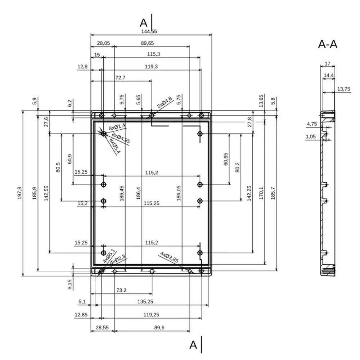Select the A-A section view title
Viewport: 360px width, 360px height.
tap(328, 44)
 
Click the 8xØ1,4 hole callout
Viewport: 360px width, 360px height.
tap(117, 126)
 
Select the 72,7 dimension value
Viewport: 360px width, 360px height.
tap(120, 78)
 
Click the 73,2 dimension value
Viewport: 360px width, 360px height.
tap(121, 290)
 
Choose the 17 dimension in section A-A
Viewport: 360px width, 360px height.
tap(327, 64)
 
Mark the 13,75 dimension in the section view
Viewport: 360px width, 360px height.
tap(344, 89)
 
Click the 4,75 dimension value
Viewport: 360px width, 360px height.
tap(311, 124)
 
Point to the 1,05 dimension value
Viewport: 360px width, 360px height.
tap(310, 136)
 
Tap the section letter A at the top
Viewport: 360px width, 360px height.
tap(144, 23)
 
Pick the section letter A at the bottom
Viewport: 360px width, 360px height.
tap(193, 345)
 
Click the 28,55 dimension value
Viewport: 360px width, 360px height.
tap(102, 328)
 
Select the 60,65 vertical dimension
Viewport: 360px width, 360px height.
tap(226, 159)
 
